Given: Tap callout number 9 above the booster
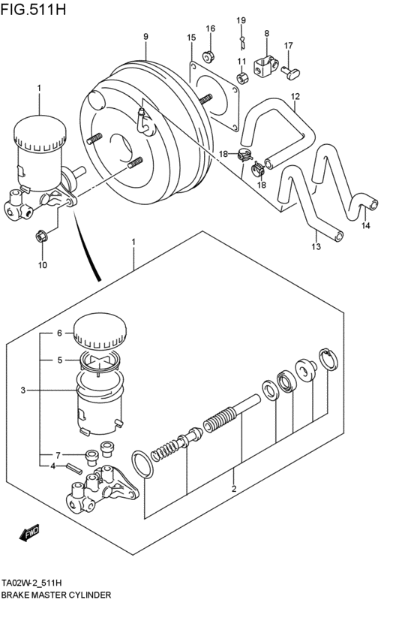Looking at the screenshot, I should (145, 37).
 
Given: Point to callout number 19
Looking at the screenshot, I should (241, 20).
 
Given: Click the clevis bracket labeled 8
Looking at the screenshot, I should (262, 67).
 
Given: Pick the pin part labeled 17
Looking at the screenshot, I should (291, 71).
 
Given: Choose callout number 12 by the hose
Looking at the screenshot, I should (295, 96).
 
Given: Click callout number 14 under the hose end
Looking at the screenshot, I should (365, 225).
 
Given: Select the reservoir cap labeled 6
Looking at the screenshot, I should (99, 332).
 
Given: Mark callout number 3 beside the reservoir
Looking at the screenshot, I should (23, 390).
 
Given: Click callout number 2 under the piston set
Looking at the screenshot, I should (233, 490).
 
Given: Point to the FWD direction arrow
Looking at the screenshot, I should (30, 535).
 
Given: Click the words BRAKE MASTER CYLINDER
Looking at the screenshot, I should (56, 594).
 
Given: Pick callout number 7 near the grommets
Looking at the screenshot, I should (57, 455).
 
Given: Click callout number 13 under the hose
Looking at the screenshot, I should (316, 246).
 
